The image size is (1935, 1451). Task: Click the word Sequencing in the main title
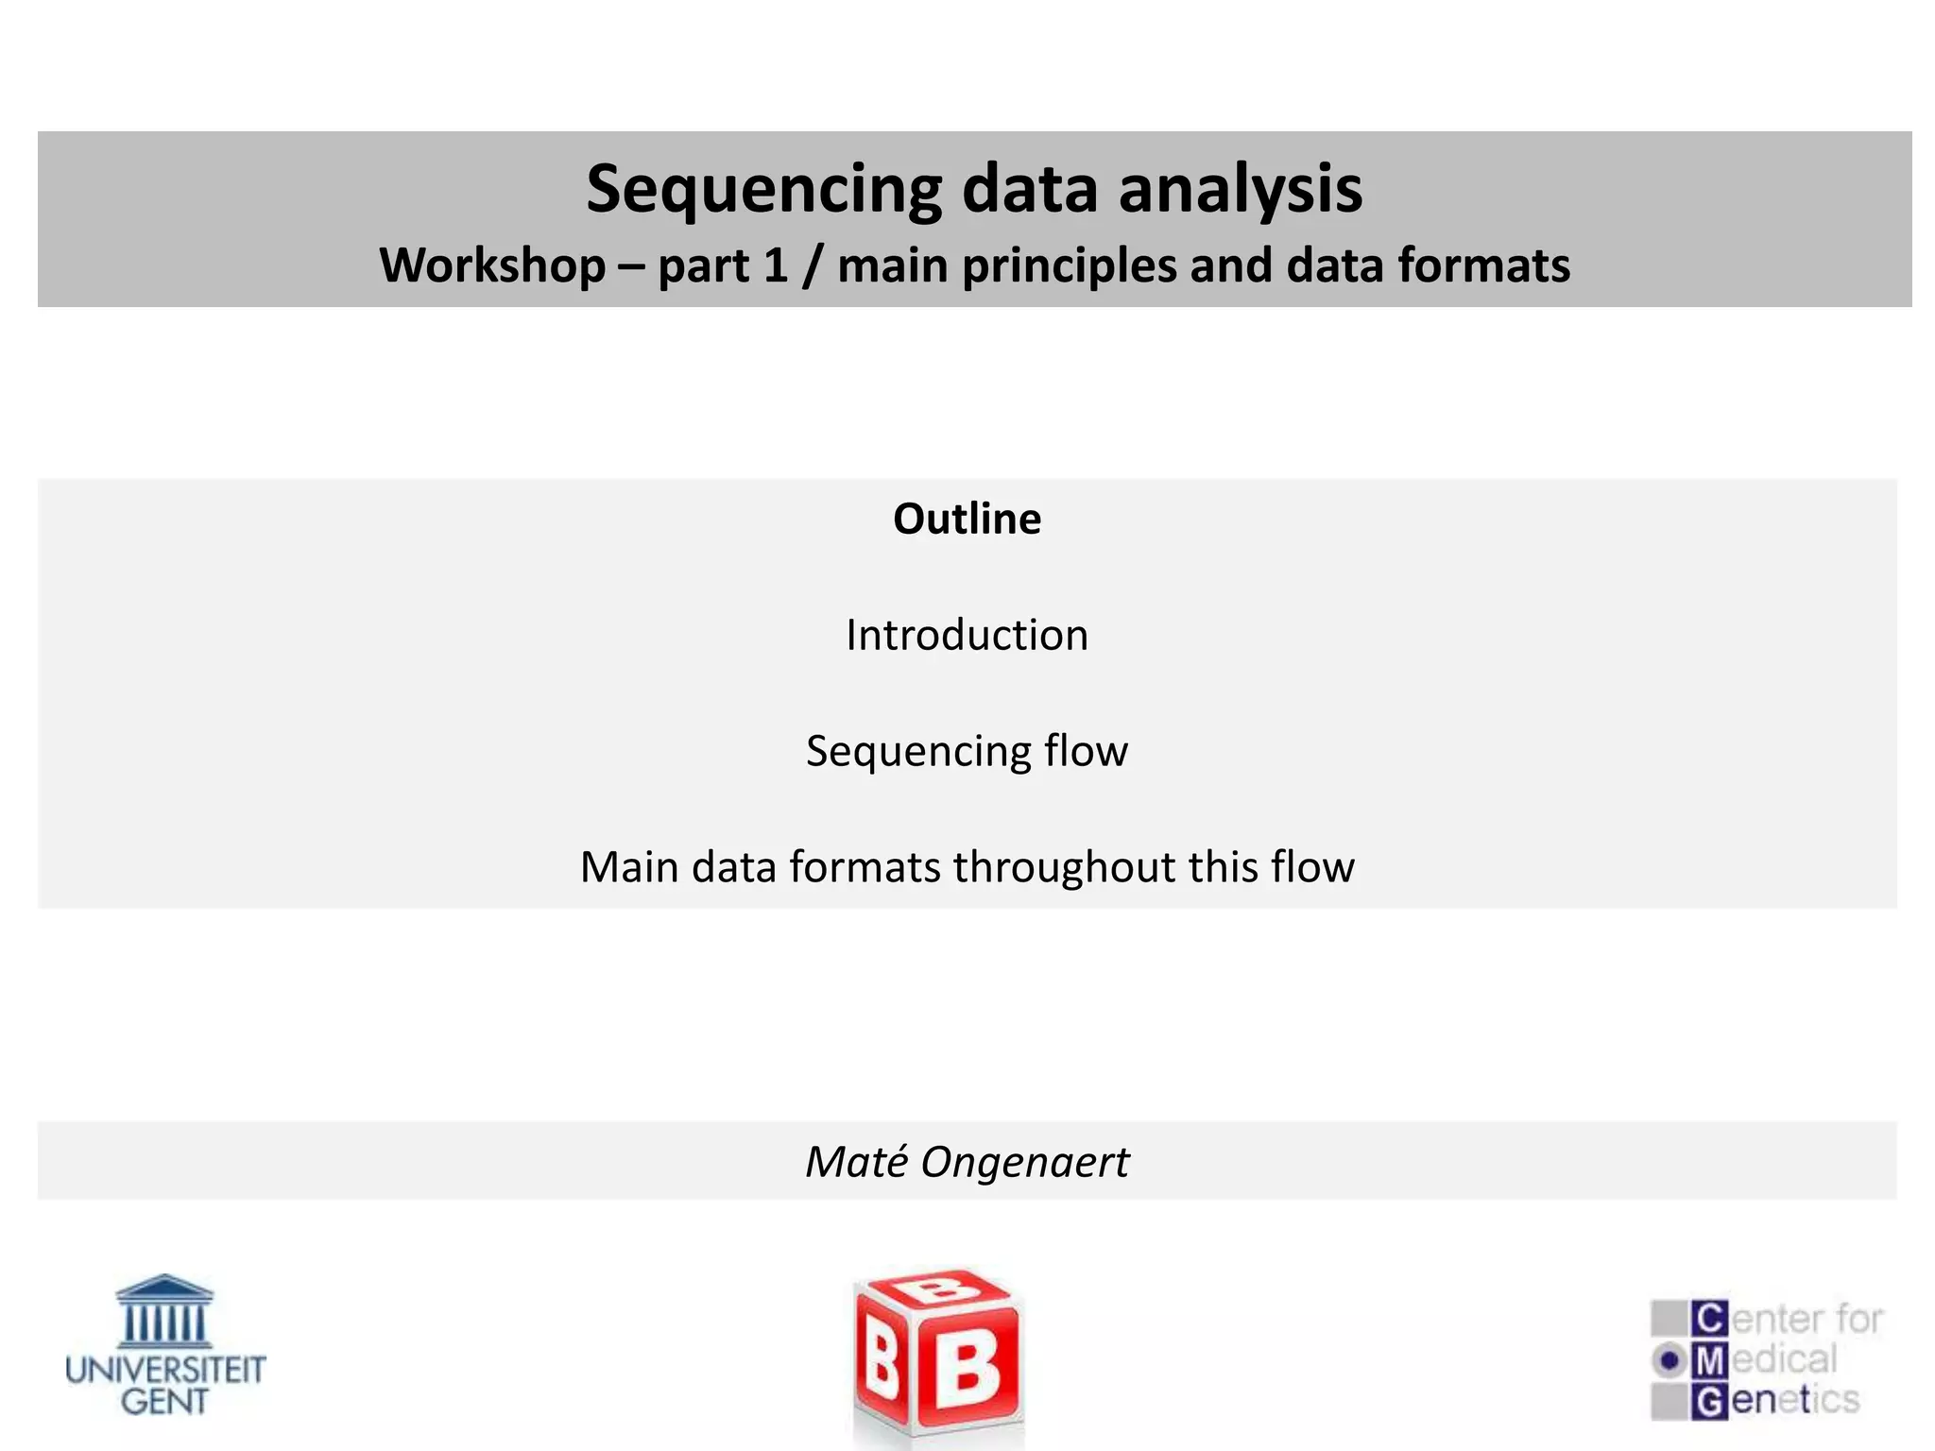point(763,190)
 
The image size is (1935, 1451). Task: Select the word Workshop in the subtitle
point(491,265)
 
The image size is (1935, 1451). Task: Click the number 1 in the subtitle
point(775,265)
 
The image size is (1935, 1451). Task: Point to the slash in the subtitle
point(812,265)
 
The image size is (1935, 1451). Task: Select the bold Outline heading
point(967,519)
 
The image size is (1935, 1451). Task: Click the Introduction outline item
point(967,635)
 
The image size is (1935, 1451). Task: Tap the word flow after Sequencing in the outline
point(1086,751)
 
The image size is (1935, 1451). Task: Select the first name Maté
point(856,1162)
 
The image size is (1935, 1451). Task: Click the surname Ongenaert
point(1024,1162)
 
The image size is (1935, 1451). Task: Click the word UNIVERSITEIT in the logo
point(165,1370)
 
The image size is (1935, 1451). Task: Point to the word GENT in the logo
point(164,1402)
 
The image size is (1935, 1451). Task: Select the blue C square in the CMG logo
point(1709,1318)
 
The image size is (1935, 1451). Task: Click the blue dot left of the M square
point(1670,1360)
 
